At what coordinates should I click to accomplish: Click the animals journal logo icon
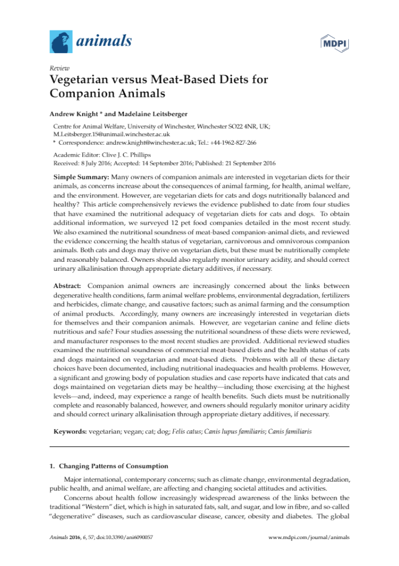point(60,42)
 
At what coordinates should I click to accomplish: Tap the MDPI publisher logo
point(335,43)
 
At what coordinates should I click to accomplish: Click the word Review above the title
point(60,68)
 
